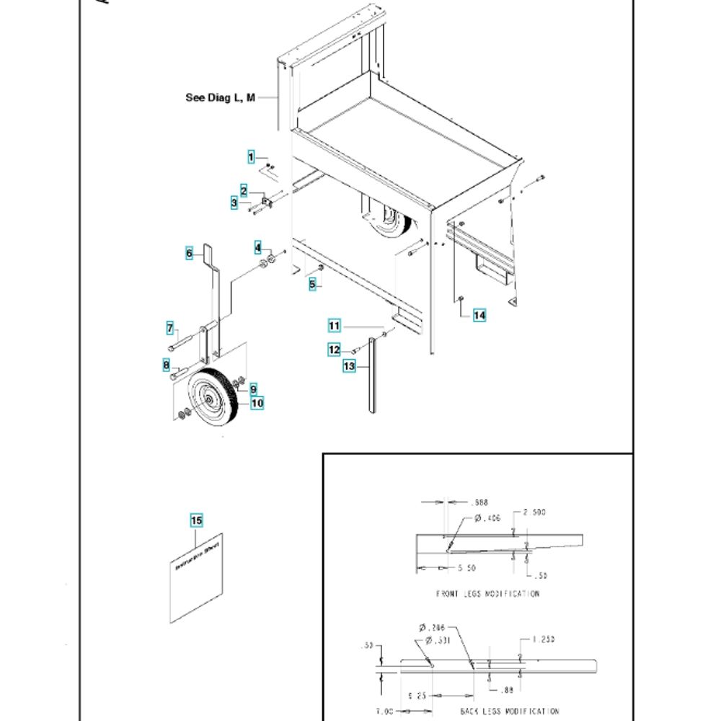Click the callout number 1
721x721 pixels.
[252, 157]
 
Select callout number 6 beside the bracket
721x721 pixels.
[190, 253]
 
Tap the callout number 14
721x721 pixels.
[479, 315]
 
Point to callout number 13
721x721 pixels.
[350, 366]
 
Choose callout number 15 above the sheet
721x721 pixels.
[197, 521]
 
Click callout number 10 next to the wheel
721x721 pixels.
[257, 403]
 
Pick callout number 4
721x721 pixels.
[257, 248]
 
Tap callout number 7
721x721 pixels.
[172, 329]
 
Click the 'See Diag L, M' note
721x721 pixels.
[220, 97]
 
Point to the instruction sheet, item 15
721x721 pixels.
[196, 577]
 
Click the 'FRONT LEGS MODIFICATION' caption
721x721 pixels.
[488, 594]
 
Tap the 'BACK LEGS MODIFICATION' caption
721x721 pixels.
[510, 711]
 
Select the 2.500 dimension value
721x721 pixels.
[534, 513]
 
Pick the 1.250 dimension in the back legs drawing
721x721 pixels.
[543, 639]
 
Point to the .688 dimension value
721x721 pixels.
[478, 502]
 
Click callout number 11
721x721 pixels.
[334, 326]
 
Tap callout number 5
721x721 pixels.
[312, 285]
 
